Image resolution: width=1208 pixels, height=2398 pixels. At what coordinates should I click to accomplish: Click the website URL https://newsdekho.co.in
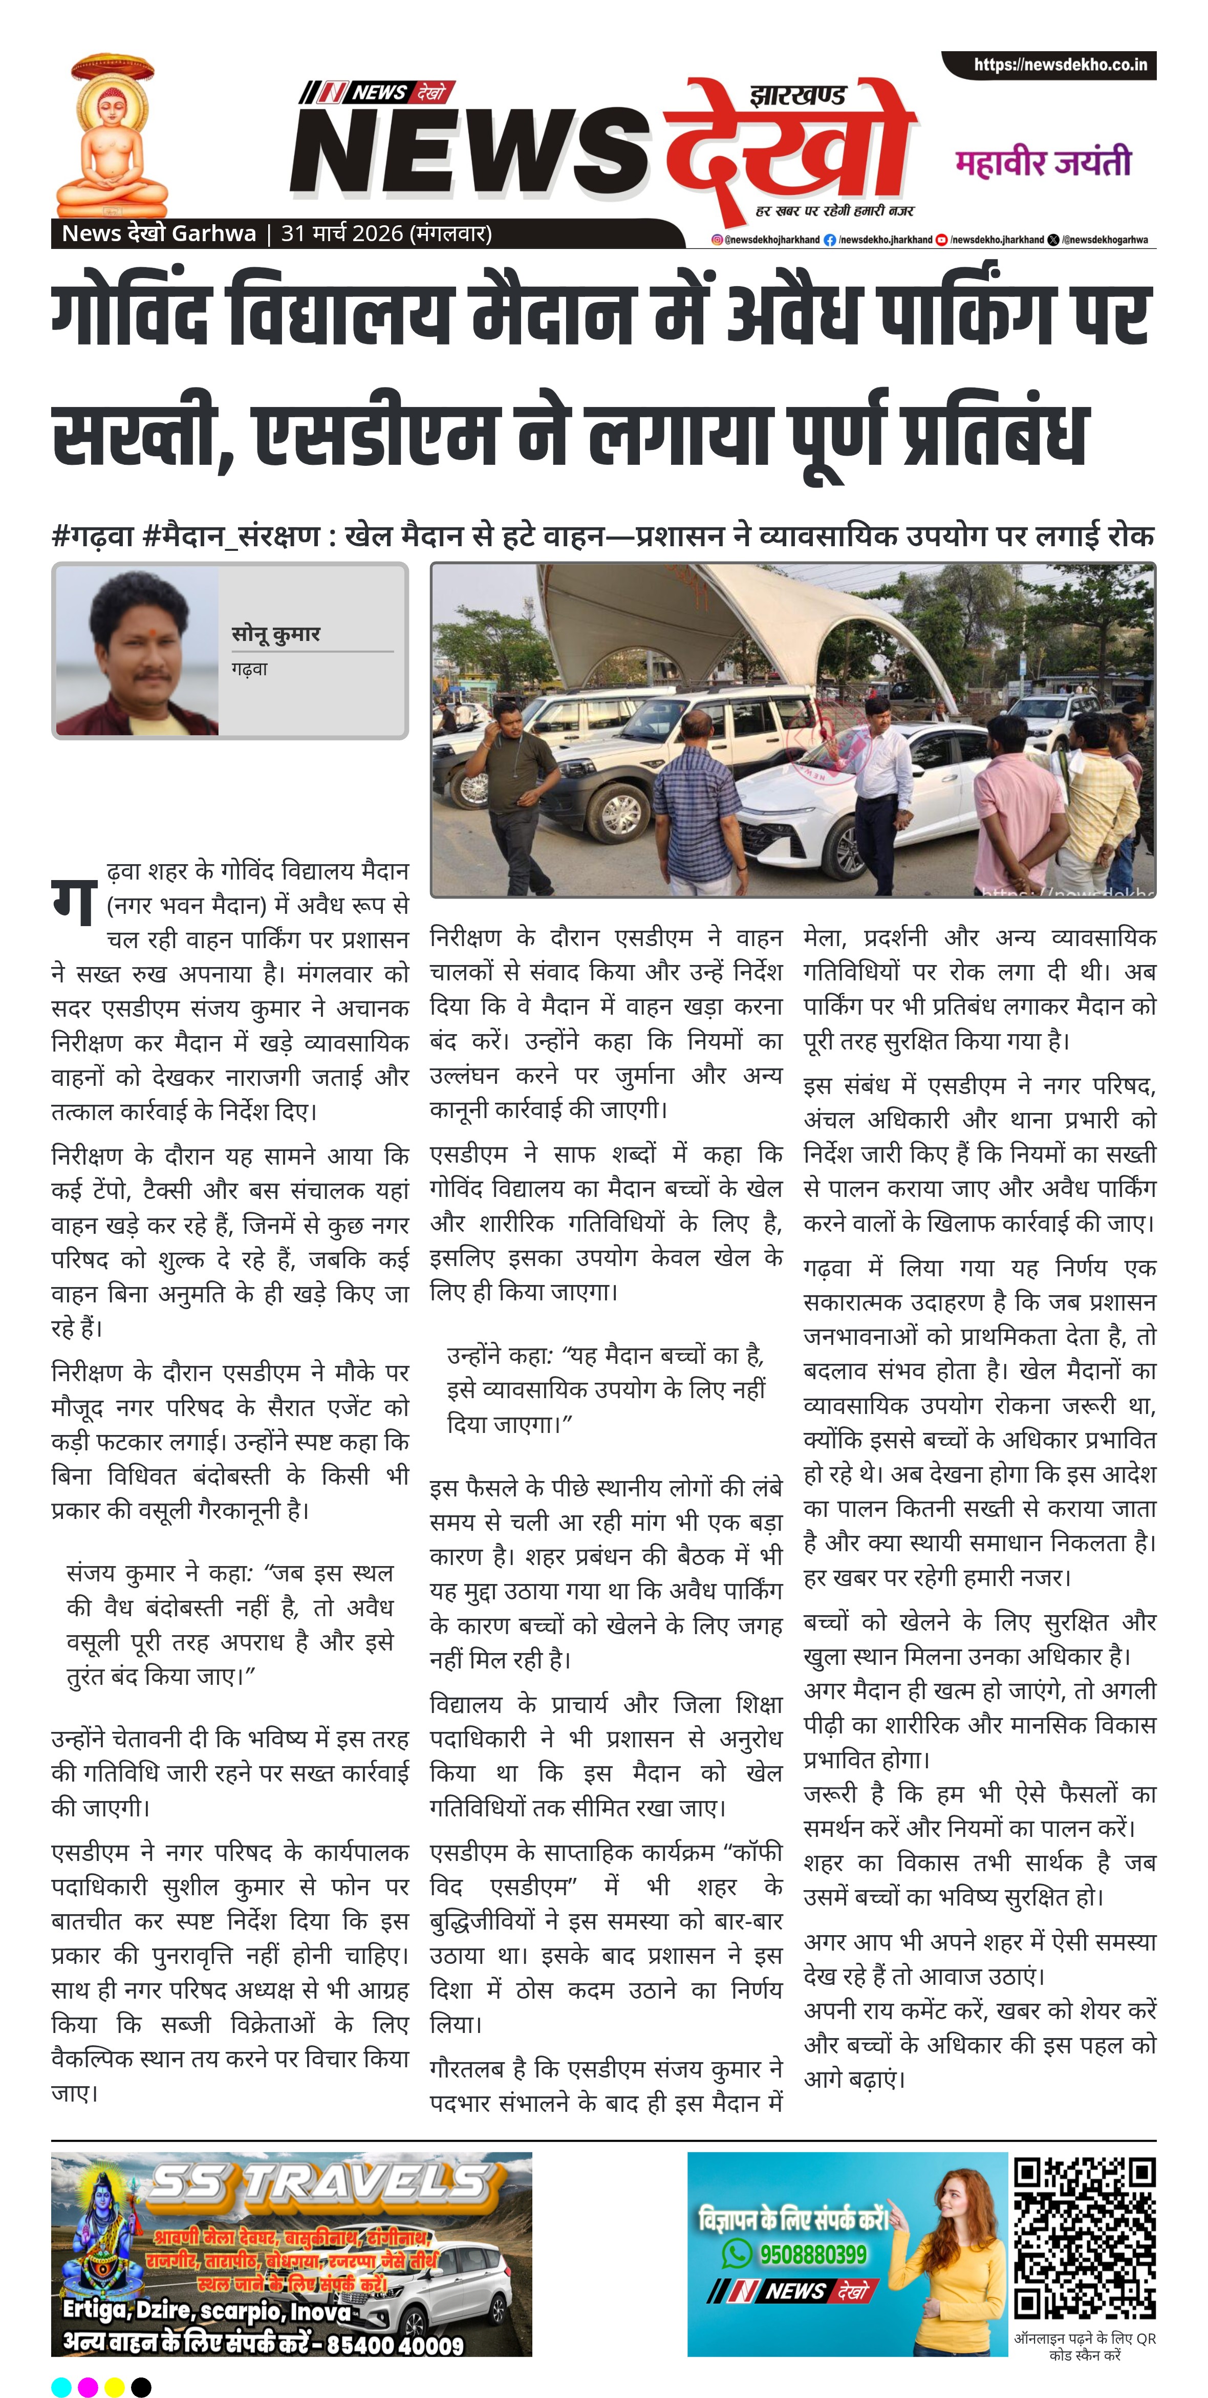point(1059,65)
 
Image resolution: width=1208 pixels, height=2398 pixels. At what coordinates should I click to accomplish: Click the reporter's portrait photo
point(138,652)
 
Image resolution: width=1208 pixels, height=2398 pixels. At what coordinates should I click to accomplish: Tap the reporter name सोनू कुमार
point(275,634)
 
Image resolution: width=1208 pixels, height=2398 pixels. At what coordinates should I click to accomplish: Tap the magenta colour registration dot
point(88,2386)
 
